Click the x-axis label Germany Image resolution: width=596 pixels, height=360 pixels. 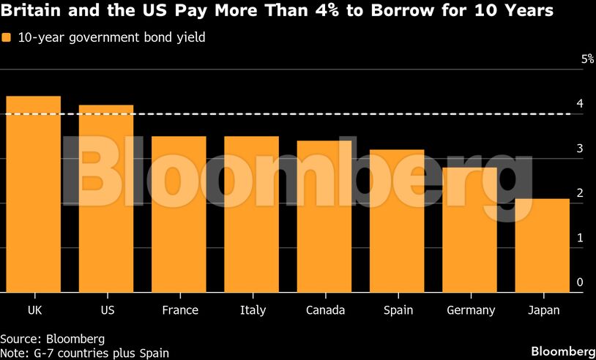471,310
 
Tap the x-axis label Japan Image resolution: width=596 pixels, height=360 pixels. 543,310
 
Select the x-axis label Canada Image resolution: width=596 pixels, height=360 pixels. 325,310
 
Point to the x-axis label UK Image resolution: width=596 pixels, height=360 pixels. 34,310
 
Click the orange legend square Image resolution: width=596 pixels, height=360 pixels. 6,38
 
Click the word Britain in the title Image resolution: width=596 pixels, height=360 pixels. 30,12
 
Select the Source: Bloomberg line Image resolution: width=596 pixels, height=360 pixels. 52,339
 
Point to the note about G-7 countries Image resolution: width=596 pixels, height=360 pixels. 84,353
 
